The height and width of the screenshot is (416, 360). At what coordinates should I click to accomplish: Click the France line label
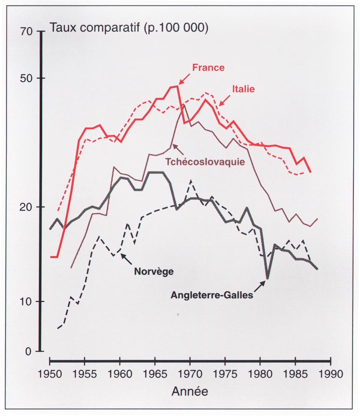208,68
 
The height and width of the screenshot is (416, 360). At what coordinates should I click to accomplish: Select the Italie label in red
244,89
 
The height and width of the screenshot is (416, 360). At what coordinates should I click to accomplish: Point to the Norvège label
154,272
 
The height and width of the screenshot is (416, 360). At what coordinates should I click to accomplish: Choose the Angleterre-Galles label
212,295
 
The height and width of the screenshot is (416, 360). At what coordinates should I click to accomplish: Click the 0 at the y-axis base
29,351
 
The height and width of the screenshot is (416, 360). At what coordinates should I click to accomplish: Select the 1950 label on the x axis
50,374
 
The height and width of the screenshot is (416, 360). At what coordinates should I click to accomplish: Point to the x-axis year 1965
155,374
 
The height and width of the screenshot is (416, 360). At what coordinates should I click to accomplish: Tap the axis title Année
190,391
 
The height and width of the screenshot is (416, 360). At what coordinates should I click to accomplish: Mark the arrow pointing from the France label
184,79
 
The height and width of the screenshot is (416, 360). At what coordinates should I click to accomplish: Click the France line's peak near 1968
177,86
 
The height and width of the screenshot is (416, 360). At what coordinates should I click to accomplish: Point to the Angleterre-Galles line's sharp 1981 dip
267,278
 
